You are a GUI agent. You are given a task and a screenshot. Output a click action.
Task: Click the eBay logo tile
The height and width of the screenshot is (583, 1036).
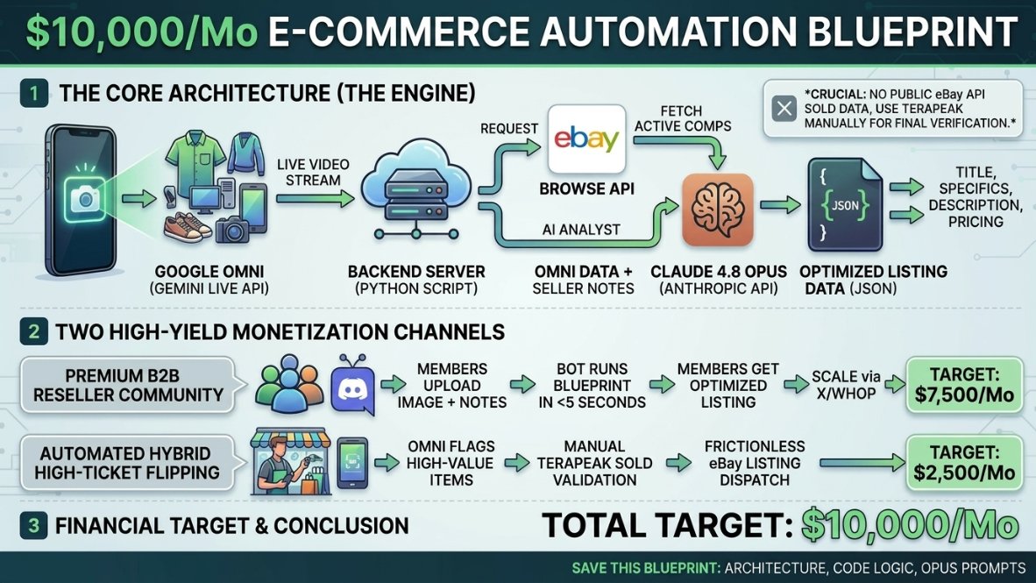coord(586,139)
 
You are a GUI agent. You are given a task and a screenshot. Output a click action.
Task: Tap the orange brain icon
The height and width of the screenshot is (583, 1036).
coord(718,210)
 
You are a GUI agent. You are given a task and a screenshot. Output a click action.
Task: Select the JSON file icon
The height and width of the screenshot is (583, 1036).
coord(844,205)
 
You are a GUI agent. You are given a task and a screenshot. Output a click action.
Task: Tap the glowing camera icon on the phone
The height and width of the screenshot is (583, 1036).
coord(85,198)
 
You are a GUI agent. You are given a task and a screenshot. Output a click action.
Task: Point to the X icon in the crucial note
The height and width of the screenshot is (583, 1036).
coord(784,109)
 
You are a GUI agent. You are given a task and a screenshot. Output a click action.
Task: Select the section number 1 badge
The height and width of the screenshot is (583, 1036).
coord(33,93)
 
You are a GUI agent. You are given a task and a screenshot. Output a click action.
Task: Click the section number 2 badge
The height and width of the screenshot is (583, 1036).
coord(33,331)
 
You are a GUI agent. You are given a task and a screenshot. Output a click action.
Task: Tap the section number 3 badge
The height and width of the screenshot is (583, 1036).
coord(33,525)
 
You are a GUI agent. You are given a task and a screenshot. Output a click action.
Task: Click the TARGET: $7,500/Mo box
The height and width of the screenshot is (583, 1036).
coord(964,385)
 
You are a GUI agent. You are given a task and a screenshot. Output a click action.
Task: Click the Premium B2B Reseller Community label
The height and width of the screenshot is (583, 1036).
coord(127,385)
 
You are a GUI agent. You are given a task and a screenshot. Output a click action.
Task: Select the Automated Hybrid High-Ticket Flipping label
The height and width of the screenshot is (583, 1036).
coord(127,463)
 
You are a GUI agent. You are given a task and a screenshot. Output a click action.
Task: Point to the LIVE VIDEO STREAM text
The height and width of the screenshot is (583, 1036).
coord(313,172)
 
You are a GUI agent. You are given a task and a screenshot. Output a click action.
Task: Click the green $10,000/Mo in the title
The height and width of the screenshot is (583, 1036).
coord(141,31)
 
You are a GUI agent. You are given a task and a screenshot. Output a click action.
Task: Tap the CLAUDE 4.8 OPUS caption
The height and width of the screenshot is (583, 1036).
coord(718,272)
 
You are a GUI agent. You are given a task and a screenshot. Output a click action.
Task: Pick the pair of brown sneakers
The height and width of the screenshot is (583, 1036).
coord(189,226)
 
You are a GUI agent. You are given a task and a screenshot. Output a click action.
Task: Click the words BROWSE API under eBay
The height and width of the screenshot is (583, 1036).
coord(586,189)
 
